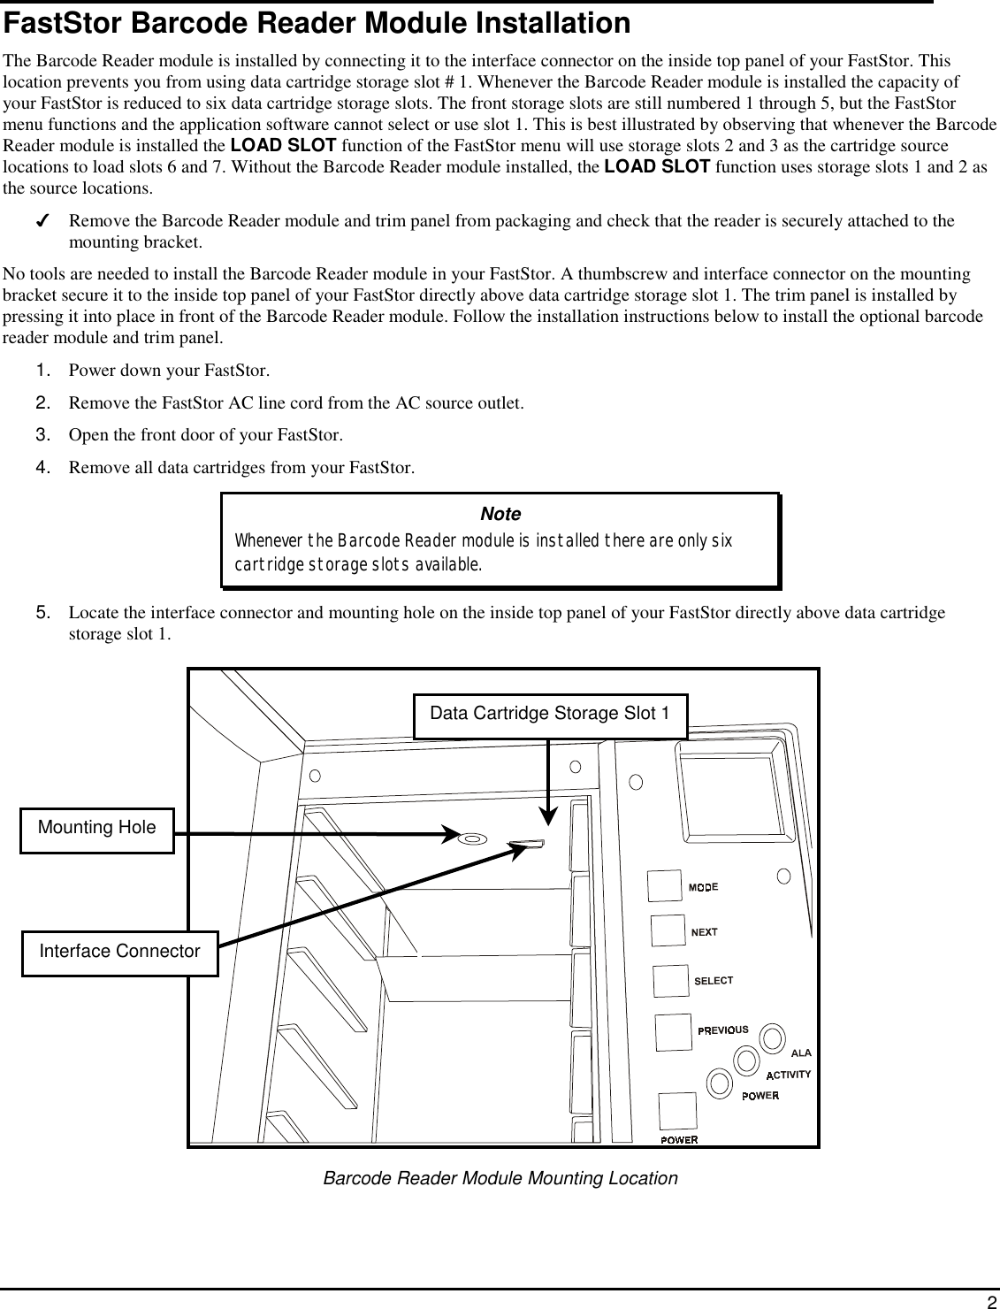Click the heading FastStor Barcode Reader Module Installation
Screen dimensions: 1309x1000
pyautogui.click(x=317, y=24)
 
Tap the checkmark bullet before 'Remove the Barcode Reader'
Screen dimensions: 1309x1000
pyautogui.click(x=42, y=221)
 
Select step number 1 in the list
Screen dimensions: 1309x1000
pyautogui.click(x=42, y=370)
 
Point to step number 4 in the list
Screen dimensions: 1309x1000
pyautogui.click(x=42, y=467)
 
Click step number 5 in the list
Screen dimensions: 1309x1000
pyautogui.click(x=42, y=613)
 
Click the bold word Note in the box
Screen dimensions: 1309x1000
pyautogui.click(x=500, y=514)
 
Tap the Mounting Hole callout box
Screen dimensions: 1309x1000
pyautogui.click(x=97, y=829)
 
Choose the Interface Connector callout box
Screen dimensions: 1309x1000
pyautogui.click(x=119, y=952)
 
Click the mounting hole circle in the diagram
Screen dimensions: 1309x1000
pyautogui.click(x=470, y=837)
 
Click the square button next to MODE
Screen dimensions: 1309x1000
pyautogui.click(x=665, y=886)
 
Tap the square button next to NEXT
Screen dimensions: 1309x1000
pyautogui.click(x=668, y=931)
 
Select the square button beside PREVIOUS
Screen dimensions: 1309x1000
pyautogui.click(x=673, y=1032)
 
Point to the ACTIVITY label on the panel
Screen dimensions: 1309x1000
pyautogui.click(x=788, y=1075)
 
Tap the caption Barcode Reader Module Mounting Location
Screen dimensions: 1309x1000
pyautogui.click(x=500, y=1179)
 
